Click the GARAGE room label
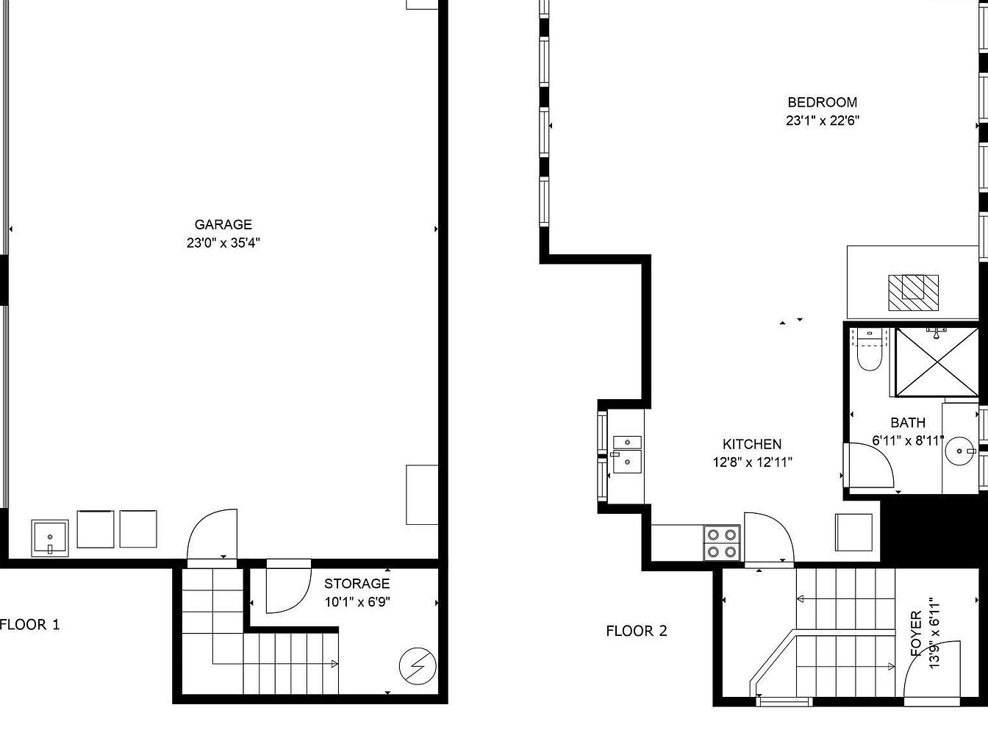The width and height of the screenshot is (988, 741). click(223, 224)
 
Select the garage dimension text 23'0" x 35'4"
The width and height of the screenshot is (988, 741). click(223, 243)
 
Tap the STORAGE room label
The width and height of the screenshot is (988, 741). click(357, 584)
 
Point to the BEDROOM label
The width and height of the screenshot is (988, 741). click(823, 102)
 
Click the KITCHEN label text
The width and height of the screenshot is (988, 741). click(752, 444)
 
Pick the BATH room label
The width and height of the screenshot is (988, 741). click(908, 423)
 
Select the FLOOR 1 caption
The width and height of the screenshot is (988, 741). click(29, 624)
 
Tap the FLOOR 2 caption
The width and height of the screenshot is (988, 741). click(637, 631)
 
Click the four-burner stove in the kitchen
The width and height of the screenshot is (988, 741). click(722, 543)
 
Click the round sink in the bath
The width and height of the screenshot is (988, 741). click(959, 451)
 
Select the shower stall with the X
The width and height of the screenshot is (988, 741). click(937, 362)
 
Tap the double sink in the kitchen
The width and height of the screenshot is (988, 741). click(627, 454)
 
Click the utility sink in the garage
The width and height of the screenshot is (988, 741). click(50, 537)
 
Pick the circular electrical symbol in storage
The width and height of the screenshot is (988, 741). click(418, 666)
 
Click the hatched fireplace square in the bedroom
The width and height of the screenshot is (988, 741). click(913, 293)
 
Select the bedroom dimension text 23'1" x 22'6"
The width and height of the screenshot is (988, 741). click(823, 121)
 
